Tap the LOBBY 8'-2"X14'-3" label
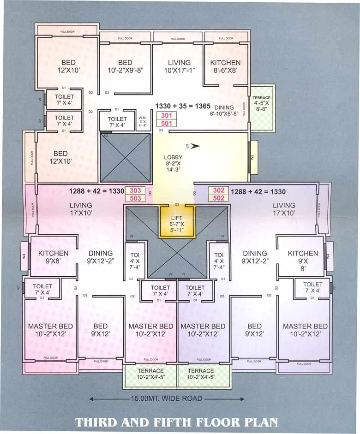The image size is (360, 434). click(174, 163)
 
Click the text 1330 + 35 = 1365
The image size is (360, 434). click(183, 106)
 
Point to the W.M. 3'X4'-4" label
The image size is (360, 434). click(142, 121)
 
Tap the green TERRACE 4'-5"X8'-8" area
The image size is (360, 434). click(262, 107)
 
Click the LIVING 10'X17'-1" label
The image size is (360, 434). click(179, 66)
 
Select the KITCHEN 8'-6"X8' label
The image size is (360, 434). click(225, 66)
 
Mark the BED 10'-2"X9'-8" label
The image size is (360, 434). click(125, 66)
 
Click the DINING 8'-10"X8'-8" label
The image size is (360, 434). click(224, 110)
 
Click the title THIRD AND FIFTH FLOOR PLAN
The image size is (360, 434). click(177, 422)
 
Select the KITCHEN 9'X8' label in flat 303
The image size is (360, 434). click(53, 257)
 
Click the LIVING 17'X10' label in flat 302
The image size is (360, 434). click(284, 209)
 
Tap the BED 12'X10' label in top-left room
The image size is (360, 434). click(68, 66)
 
